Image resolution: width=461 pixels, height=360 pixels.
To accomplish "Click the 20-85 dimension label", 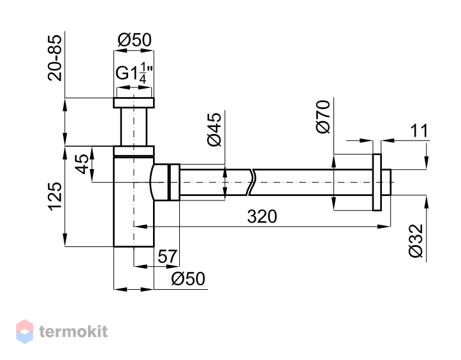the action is coord(55,58).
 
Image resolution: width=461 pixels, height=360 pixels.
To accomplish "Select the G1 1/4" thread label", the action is coord(135,73).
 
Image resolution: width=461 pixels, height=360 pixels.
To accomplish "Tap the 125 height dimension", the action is coord(55,197).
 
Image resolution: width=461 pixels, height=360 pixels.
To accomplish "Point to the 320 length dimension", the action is coord(262,216).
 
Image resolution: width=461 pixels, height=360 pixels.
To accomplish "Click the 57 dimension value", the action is coord(168,257).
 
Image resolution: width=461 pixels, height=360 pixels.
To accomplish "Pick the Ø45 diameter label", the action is coord(214,129).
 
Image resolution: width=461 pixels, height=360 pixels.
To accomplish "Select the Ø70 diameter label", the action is coord(323,117).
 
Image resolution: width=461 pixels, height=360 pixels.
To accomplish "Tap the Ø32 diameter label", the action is coord(416,241).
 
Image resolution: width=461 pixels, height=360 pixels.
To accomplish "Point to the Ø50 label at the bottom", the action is coord(188,278).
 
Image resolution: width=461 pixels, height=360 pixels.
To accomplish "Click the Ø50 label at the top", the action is coord(135,40).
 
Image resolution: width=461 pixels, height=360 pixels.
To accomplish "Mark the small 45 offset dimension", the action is coord(82,164).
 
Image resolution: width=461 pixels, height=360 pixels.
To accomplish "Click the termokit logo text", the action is coord(73,332).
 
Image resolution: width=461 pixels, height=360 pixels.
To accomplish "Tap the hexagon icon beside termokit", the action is coord(25,331).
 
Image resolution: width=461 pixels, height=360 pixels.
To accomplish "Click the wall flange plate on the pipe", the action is coord(377,183).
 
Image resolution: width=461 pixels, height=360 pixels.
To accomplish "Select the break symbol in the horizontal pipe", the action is coord(251,183).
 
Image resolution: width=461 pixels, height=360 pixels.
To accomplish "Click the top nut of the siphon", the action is coord(134,102).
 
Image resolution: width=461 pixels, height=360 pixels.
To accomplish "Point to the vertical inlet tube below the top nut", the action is coord(134,127).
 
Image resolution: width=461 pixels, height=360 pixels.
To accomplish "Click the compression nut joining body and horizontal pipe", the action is coord(174,183).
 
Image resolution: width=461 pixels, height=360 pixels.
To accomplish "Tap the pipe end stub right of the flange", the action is coord(386,183).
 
